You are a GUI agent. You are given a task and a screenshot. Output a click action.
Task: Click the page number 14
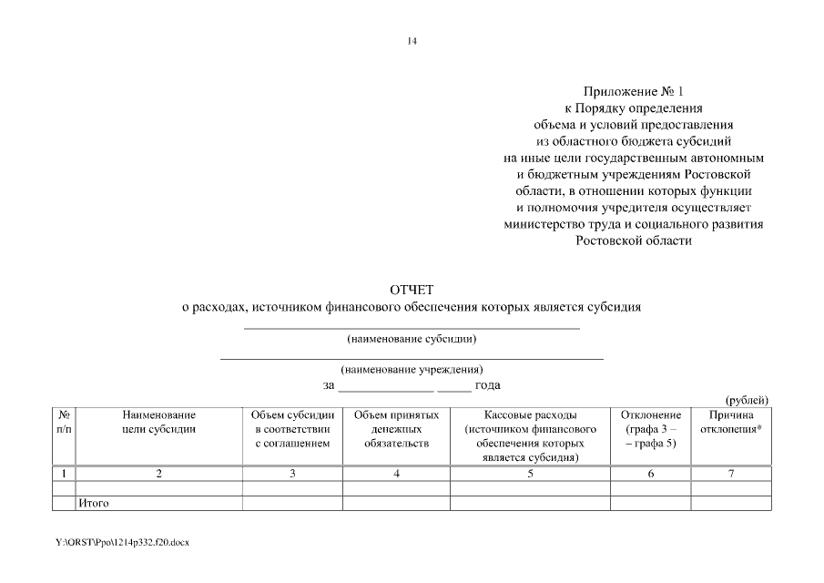[412, 40]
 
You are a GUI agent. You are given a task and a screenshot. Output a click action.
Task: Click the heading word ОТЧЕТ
[412, 291]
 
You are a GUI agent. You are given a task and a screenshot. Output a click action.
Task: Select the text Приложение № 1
[633, 92]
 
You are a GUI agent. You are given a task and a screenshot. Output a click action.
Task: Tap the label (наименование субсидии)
[412, 339]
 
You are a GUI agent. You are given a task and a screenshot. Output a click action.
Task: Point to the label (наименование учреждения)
[412, 370]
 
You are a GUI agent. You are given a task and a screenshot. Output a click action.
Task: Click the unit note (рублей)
[747, 400]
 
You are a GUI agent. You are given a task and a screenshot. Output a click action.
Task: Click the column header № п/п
[64, 422]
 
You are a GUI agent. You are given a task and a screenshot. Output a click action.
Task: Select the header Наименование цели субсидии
[159, 422]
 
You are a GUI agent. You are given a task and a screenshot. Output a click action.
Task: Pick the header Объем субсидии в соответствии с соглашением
[292, 429]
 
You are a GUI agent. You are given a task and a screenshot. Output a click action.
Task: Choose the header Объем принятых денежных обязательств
[396, 429]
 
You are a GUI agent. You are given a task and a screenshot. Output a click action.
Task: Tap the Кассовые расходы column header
[530, 435]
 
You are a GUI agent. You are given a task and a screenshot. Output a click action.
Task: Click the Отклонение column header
[650, 429]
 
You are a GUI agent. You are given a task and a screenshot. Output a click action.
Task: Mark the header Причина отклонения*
[731, 422]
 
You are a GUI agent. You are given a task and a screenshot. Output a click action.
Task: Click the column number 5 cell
[530, 474]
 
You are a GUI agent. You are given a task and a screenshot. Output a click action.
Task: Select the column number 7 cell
[731, 474]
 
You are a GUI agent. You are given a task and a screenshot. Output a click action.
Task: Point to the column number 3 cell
[292, 474]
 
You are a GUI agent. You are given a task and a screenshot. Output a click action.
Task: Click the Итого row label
[95, 503]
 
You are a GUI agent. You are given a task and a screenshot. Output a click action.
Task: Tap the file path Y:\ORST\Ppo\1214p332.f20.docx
[122, 542]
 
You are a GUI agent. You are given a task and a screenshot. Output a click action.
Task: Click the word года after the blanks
[487, 385]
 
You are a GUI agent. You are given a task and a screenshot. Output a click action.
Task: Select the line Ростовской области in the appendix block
[633, 241]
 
